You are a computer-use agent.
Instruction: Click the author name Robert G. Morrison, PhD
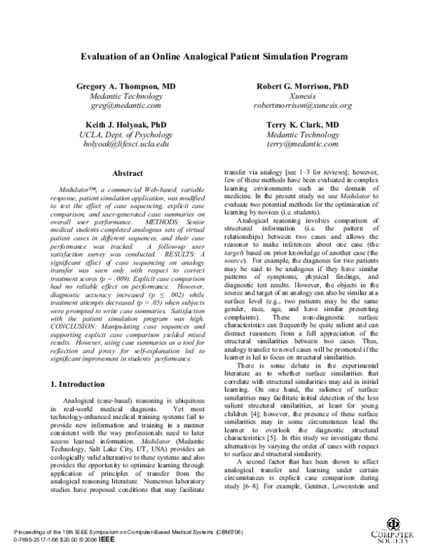[302, 85]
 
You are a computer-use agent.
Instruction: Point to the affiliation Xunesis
[302, 95]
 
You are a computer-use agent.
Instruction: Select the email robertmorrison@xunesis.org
[302, 105]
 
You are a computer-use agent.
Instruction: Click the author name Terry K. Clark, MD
[302, 124]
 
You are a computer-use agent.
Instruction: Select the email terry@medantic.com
[302, 144]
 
